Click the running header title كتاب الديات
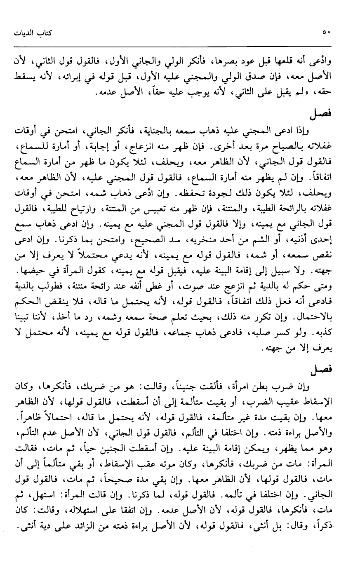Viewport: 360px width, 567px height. (x=30, y=33)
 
